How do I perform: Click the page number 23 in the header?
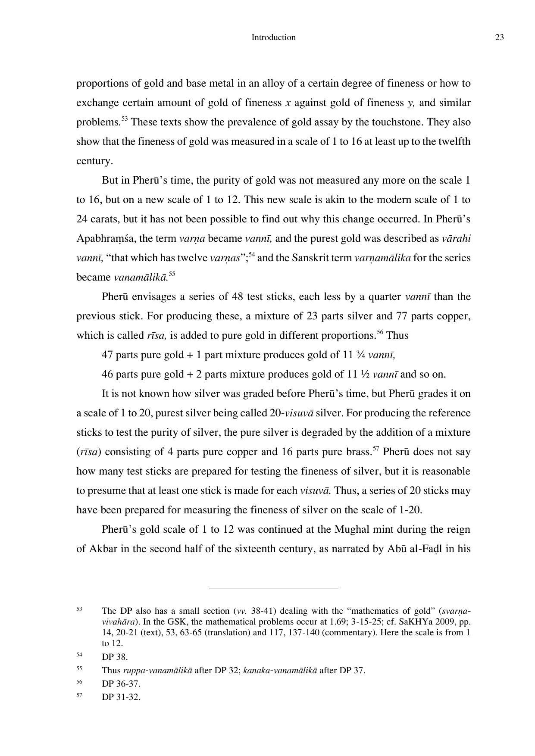click(499, 37)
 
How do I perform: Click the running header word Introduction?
click(273, 37)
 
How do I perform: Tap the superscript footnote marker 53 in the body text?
click(124, 119)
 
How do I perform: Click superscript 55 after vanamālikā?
click(172, 274)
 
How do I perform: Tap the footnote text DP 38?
click(115, 657)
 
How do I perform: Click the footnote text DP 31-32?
click(121, 697)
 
